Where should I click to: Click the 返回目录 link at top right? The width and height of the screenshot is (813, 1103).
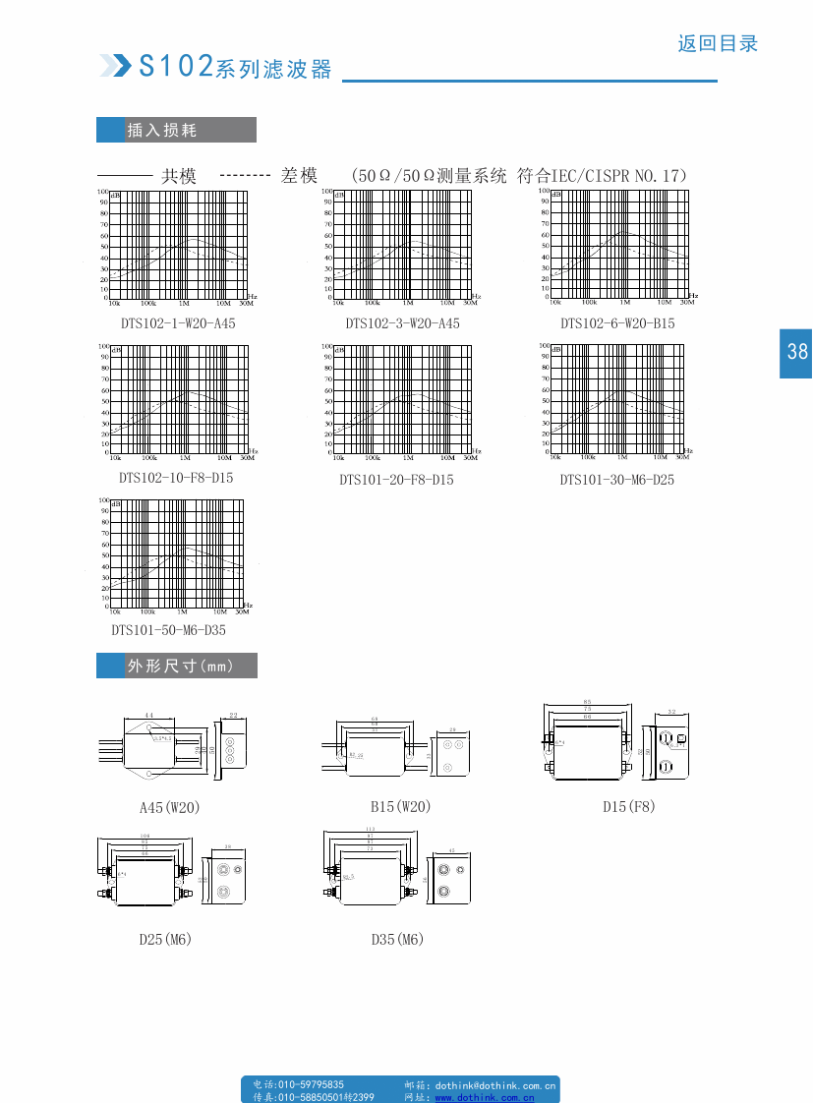pos(718,44)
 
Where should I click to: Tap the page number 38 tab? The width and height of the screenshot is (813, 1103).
pos(796,351)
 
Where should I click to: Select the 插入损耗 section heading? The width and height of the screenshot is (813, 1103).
pos(162,130)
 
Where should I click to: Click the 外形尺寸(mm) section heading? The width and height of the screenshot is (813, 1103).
pos(180,666)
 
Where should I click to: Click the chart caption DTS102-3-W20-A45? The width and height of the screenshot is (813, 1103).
pos(402,323)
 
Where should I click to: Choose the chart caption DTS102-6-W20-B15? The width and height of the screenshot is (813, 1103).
pos(617,323)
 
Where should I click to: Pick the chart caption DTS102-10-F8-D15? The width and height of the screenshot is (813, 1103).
pos(176,478)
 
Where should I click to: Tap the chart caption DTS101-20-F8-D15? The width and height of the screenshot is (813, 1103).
pos(396,480)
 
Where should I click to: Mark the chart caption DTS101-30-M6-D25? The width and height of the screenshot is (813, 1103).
pos(617,480)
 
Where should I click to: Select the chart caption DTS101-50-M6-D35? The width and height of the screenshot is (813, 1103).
pos(168,630)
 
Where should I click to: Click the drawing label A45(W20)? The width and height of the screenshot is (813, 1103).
pos(169,807)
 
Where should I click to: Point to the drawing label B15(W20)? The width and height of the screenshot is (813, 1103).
pos(400,806)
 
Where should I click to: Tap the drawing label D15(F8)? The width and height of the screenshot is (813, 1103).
pos(628,806)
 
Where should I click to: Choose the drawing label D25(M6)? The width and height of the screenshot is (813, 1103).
pos(165,939)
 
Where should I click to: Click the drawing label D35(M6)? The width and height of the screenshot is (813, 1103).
pos(397,939)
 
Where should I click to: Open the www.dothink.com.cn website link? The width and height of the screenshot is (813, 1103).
pos(485,1097)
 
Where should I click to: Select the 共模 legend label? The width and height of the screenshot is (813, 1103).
pos(179,176)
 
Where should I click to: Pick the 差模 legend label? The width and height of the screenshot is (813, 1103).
pos(299,176)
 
